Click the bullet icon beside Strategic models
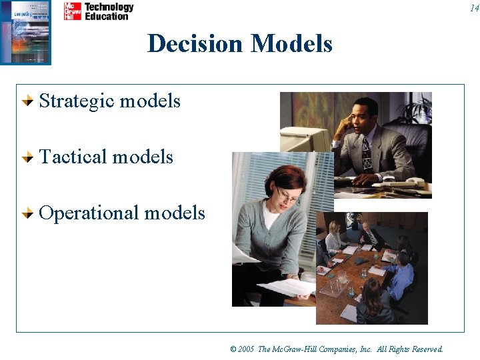click(27, 101)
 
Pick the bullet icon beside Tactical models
click(27, 157)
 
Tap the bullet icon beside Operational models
click(27, 213)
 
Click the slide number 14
click(473, 8)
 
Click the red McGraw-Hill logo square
click(72, 11)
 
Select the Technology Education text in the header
click(109, 11)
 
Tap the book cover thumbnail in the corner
click(25, 32)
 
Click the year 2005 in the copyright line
click(246, 349)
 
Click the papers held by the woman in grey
click(283, 286)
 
